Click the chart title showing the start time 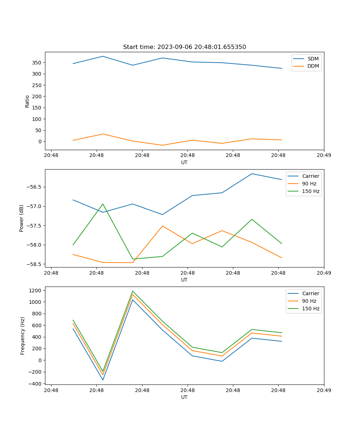tap(184, 47)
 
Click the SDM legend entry tap(313, 59)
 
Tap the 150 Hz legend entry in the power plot tap(310, 191)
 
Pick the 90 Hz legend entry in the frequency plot tap(309, 301)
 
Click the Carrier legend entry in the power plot tap(310, 176)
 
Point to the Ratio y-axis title tap(27, 101)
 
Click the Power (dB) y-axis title tap(22, 218)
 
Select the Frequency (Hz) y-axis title tap(22, 336)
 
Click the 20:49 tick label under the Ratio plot tap(324, 155)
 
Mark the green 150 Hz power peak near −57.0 tap(103, 204)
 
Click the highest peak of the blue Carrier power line tap(252, 174)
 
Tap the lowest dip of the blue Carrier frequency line tap(103, 380)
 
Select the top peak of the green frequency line tap(132, 291)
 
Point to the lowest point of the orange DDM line tap(162, 145)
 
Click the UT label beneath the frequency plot tap(184, 397)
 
